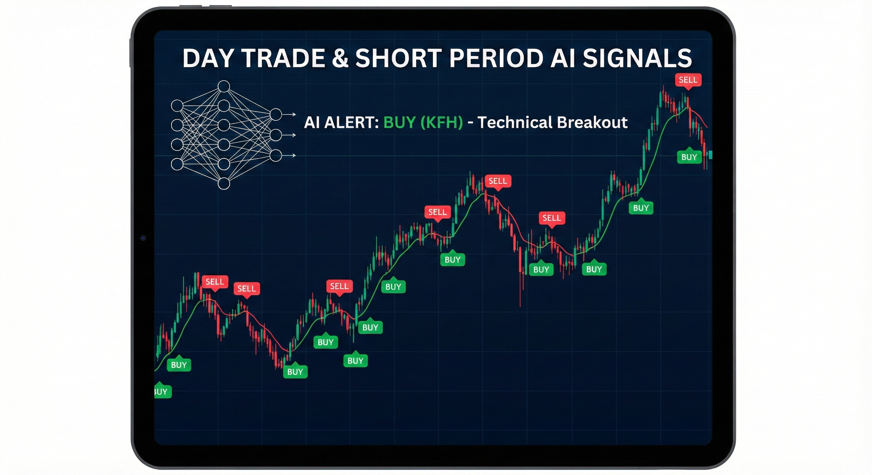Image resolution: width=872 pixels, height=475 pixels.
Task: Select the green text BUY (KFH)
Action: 423,122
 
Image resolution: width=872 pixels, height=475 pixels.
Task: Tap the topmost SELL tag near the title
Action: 688,80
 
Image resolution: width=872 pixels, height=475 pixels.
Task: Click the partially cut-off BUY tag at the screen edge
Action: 162,392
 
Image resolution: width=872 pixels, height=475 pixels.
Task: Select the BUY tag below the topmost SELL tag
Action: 689,157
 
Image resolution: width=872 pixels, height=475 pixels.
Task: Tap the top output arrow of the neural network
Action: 290,115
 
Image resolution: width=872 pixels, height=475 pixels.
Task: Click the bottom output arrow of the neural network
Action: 290,156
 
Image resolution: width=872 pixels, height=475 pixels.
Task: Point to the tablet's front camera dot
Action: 143,238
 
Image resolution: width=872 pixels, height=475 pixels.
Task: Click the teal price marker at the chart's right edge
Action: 710,155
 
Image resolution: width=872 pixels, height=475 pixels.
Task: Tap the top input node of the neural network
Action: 177,106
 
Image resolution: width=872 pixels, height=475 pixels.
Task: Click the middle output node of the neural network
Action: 276,135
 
